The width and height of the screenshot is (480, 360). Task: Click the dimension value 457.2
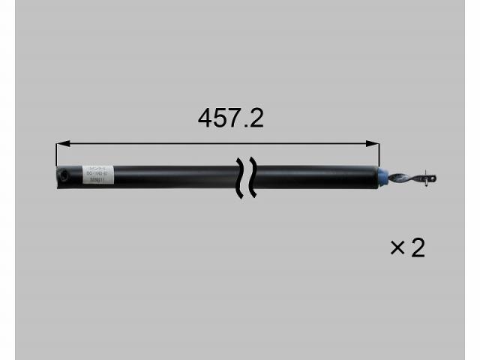(230, 118)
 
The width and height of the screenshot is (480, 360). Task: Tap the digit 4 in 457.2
(206, 118)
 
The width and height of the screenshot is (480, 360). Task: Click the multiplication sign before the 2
(397, 248)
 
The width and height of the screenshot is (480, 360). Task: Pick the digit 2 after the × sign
(418, 248)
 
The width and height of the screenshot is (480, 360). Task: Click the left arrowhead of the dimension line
(61, 142)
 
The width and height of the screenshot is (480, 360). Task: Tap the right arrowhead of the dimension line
(370, 142)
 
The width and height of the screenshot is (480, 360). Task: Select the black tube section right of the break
(315, 178)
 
